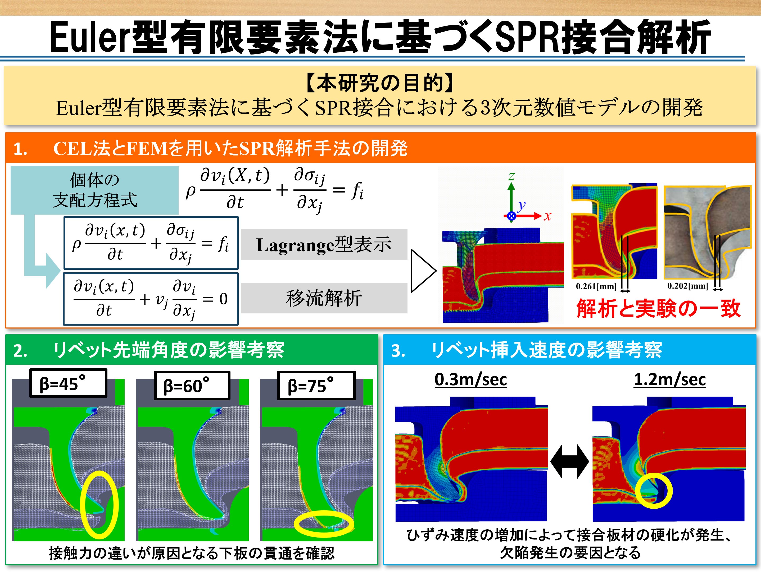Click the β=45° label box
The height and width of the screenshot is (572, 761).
pos(68,383)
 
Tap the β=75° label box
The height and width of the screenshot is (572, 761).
pos(316,385)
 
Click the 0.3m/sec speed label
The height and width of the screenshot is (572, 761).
pos(471,379)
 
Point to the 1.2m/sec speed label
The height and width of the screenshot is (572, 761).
pos(669,379)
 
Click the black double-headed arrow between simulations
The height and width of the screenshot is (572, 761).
pos(570,462)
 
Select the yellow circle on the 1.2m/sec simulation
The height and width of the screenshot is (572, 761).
pos(654,490)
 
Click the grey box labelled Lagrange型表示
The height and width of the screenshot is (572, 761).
pos(324,244)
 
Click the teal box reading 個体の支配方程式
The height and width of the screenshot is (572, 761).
pos(95,190)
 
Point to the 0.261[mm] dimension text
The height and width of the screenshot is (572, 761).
pos(596,286)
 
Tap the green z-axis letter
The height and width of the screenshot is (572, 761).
pos(511,176)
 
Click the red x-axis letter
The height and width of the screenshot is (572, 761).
pos(547,216)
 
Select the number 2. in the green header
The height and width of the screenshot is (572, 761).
pos(20,351)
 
